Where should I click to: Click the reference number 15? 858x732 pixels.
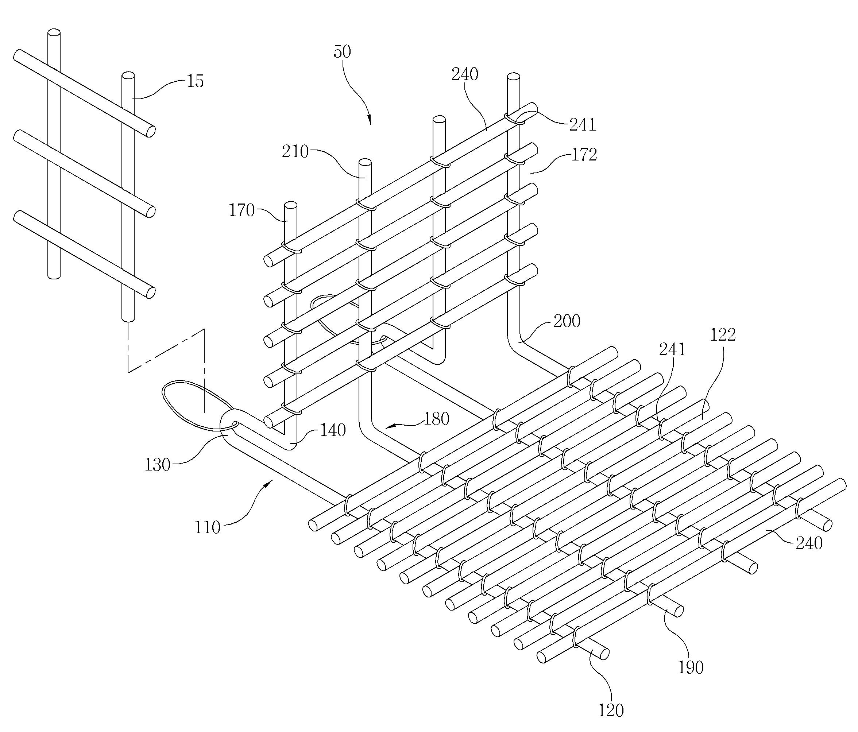tap(196, 82)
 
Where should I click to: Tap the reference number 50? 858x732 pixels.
tap(342, 52)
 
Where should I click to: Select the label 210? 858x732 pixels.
tap(295, 152)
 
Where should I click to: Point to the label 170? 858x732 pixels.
tap(242, 211)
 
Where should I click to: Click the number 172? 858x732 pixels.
tap(584, 155)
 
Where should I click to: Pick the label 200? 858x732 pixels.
tap(567, 321)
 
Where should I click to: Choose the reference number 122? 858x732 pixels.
tap(723, 335)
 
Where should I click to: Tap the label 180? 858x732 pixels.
tap(436, 419)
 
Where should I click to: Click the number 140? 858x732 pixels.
tap(333, 431)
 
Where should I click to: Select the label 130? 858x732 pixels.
tap(158, 465)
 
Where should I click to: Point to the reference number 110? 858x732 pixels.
tap(208, 528)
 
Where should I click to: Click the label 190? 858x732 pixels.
tap(691, 667)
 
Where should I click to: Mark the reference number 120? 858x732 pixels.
tap(611, 710)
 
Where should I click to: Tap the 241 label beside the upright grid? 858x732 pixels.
tap(583, 125)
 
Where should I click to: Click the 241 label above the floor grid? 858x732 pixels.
tap(672, 350)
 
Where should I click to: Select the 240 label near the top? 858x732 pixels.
tap(465, 74)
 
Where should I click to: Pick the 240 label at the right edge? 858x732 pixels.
tap(809, 543)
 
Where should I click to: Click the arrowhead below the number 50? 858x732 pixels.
tap(370, 120)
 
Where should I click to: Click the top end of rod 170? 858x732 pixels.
tap(291, 205)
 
